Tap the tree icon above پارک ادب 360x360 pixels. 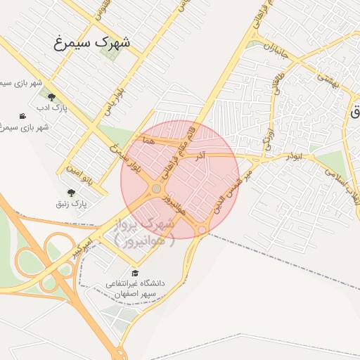51,98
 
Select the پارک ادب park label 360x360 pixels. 51,108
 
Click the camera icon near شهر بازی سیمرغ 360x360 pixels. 23,116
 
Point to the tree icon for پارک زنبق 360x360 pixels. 70,193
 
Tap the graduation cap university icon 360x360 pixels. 134,273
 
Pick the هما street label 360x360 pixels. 146,141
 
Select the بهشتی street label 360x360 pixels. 328,79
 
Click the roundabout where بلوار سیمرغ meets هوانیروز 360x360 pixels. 156,188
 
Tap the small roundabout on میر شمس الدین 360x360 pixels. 202,230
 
